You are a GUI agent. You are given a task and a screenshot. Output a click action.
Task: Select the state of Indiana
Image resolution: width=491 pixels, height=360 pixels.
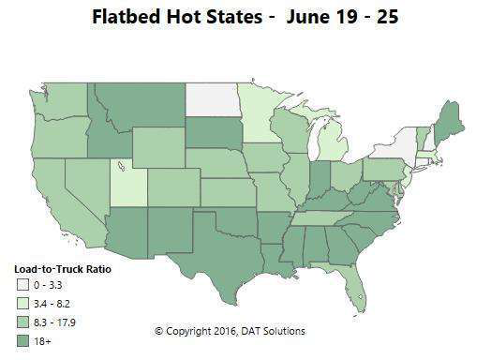coord(320,178)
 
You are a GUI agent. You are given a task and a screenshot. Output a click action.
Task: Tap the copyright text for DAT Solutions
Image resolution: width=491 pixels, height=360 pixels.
coord(230,331)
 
